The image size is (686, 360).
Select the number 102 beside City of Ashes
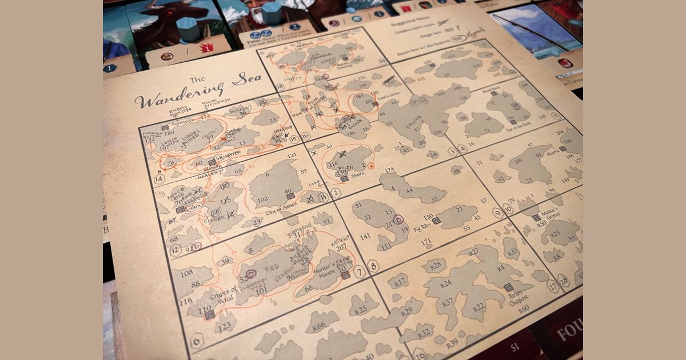click(262, 199)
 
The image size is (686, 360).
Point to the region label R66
click(319, 325)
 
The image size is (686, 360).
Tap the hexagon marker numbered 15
click(294, 138)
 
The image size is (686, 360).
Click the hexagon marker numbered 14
click(159, 179)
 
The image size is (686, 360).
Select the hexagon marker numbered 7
click(360, 271)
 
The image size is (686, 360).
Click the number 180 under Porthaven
click(169, 133)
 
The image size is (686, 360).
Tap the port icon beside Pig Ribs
click(436, 221)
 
